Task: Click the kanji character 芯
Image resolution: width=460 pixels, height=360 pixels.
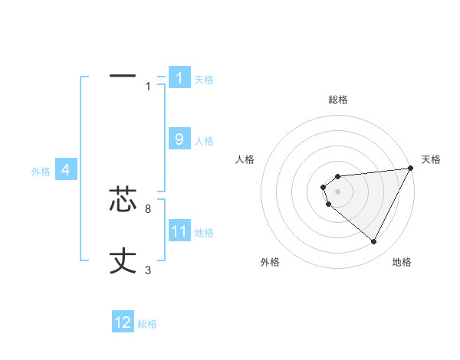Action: [123, 198]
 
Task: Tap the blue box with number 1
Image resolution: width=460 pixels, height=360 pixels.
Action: [179, 77]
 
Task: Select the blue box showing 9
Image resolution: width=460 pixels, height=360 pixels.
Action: [179, 139]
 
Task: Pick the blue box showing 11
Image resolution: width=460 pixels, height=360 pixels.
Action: [179, 231]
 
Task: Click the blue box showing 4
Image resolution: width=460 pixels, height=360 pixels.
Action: [66, 170]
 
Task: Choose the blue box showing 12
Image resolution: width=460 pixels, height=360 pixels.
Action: [123, 322]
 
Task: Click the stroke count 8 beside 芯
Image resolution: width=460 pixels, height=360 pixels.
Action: [148, 208]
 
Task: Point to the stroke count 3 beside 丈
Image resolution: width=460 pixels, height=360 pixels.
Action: [148, 270]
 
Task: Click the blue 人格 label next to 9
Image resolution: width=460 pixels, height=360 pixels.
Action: [204, 141]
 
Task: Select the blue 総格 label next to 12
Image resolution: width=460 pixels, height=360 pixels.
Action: [147, 324]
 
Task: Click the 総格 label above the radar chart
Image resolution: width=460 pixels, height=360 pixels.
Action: [338, 100]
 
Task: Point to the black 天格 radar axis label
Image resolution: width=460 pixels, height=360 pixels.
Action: [431, 159]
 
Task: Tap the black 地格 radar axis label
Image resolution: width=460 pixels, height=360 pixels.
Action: [402, 263]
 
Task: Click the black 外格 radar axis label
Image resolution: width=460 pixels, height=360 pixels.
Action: [270, 263]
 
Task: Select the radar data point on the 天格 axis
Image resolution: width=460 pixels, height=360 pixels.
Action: [410, 168]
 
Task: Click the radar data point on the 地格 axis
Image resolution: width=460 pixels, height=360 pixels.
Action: [374, 242]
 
